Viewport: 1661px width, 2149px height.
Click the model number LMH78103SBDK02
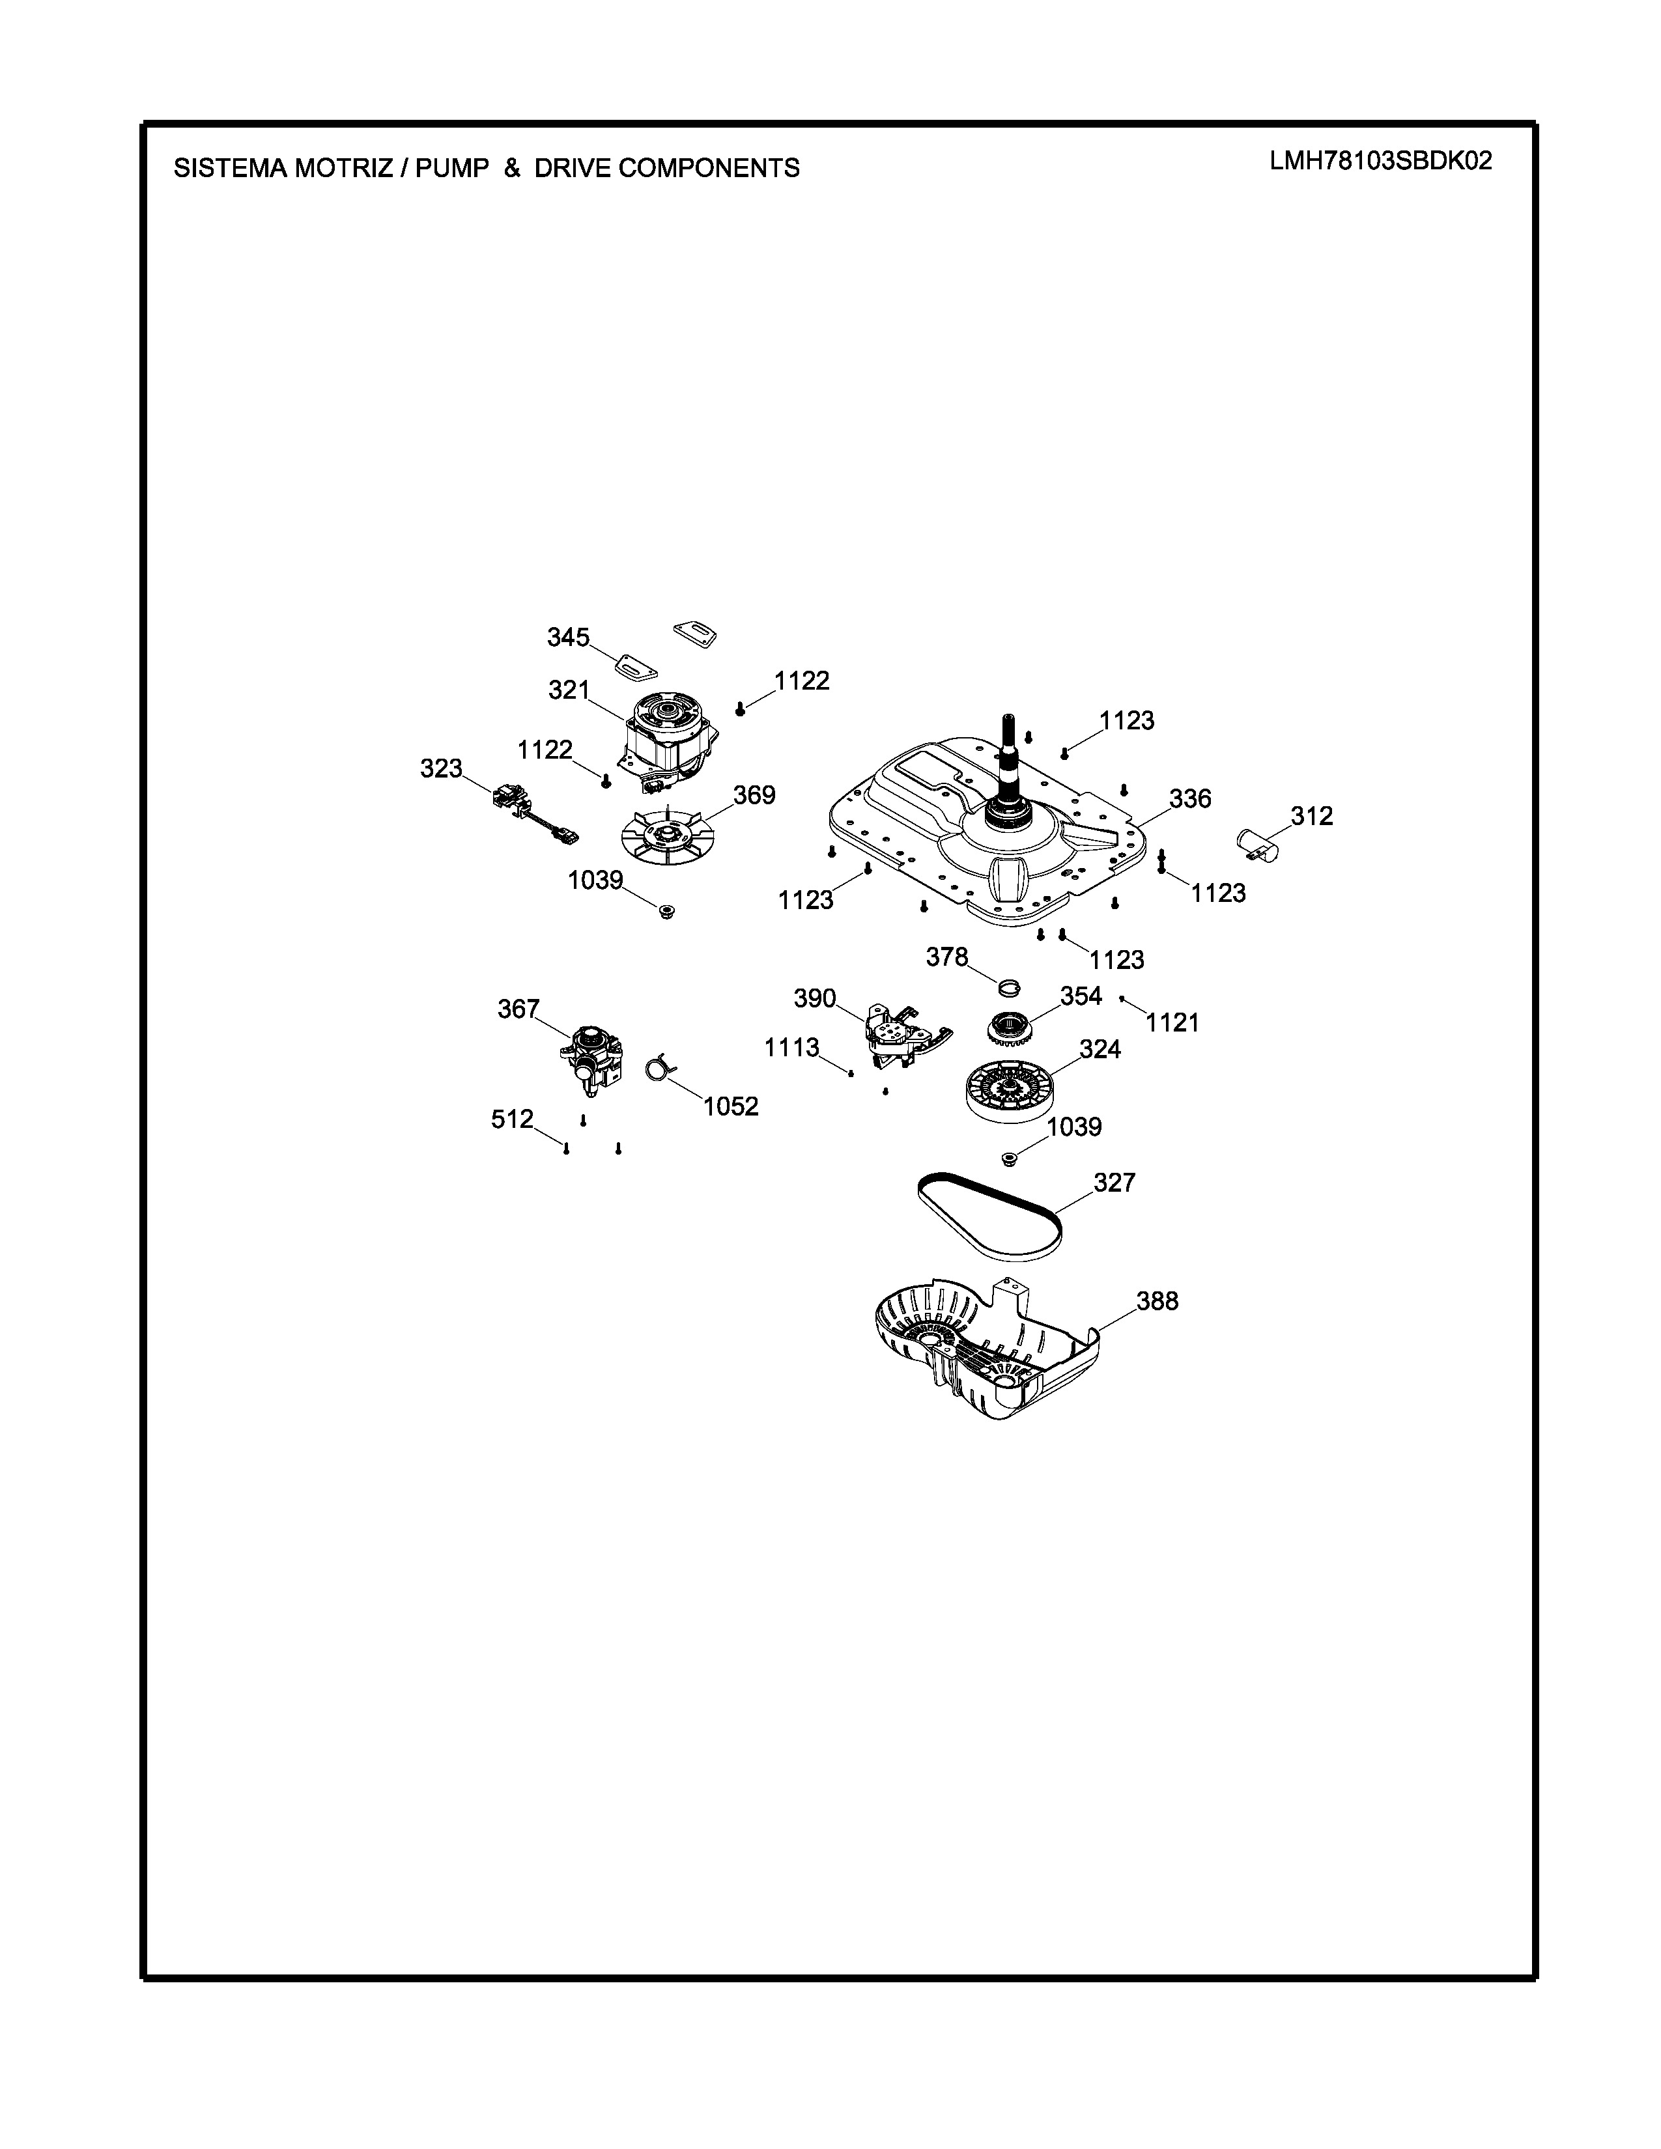click(1380, 162)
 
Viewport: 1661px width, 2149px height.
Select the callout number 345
click(568, 638)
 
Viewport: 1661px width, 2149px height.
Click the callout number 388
click(1157, 1301)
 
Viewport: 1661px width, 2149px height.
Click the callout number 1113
click(792, 1048)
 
